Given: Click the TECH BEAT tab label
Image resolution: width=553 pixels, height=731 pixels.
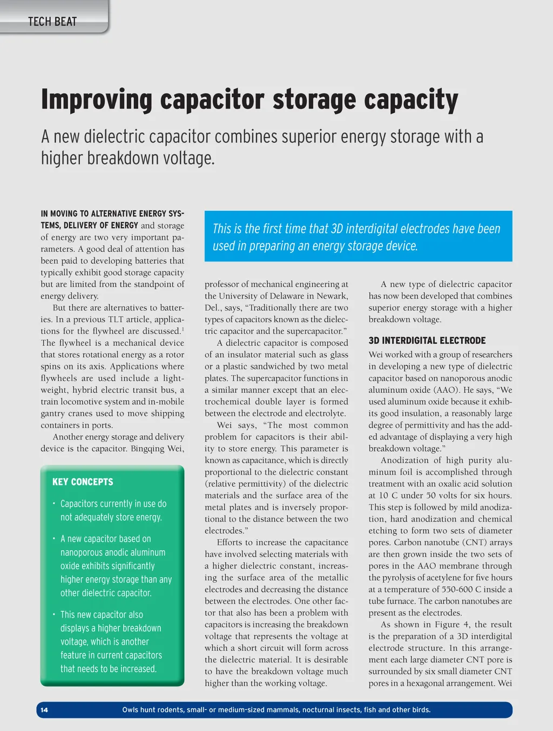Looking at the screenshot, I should [52, 22].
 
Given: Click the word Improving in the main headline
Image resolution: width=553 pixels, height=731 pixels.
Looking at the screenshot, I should [97, 100].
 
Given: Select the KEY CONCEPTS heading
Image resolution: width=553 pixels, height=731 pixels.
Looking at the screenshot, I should [83, 482].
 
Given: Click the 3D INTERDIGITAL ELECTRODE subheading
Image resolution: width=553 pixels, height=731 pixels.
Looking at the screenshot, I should [427, 340].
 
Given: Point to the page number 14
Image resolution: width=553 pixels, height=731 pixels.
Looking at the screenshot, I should [44, 710].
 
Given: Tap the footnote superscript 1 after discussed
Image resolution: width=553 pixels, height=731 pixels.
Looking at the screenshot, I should [183, 329].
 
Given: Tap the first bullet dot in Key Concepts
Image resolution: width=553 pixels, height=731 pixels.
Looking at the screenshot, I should [54, 504].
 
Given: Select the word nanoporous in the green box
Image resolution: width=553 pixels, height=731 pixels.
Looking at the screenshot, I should [86, 552].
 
